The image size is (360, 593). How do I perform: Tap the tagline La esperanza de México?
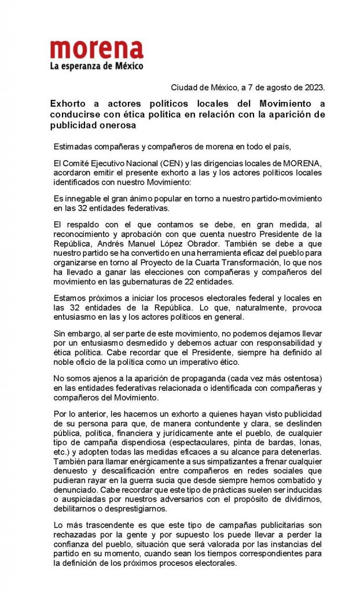click(97, 67)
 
